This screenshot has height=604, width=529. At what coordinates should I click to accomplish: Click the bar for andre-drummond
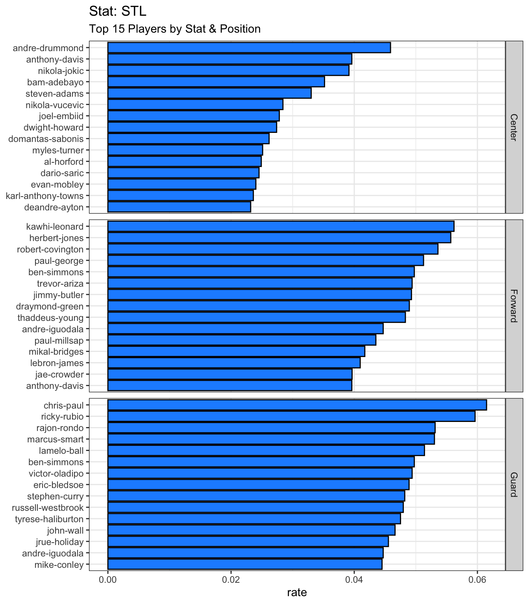click(249, 48)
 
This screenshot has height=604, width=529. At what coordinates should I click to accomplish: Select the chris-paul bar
click(297, 405)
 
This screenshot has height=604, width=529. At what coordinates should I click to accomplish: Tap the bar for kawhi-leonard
click(281, 226)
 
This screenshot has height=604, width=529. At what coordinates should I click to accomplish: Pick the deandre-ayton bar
click(179, 207)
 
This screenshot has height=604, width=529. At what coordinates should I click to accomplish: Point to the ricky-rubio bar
click(291, 416)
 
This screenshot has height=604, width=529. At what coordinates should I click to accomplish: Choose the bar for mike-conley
click(245, 564)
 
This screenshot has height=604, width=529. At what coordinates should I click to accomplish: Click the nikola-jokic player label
click(61, 71)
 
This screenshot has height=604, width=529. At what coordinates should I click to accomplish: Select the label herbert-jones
click(56, 238)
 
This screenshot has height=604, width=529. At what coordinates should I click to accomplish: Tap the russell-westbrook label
click(48, 508)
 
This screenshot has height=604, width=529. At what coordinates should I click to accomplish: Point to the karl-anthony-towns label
click(44, 196)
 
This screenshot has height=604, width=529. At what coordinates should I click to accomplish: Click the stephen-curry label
click(55, 497)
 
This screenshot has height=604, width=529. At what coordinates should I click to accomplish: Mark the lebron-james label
click(57, 363)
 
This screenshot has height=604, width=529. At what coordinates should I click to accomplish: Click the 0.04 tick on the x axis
click(354, 580)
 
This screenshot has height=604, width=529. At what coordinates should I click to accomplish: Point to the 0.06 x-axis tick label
click(477, 580)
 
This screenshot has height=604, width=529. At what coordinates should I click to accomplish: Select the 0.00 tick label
click(107, 580)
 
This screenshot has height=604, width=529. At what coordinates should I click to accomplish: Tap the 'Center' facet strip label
click(514, 127)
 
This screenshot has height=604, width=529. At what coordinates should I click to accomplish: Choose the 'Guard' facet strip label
click(514, 485)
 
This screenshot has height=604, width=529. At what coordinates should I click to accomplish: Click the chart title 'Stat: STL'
click(118, 11)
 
